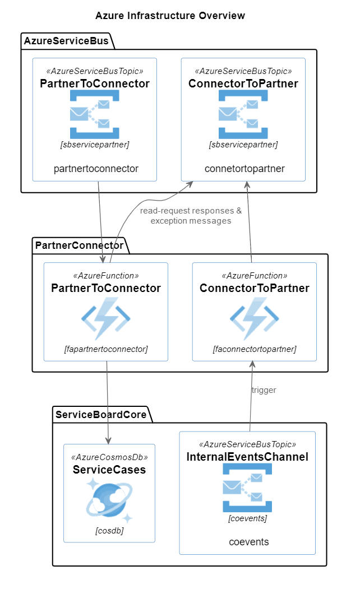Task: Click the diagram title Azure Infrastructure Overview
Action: click(x=170, y=15)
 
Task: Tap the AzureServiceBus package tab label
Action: click(x=66, y=41)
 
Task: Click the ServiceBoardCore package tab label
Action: click(x=101, y=415)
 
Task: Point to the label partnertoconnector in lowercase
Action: click(x=96, y=169)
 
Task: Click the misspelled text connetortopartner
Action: click(x=244, y=169)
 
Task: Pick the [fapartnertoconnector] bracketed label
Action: click(x=106, y=349)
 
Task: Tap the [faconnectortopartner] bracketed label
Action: click(x=255, y=349)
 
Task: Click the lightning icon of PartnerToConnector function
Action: click(x=106, y=318)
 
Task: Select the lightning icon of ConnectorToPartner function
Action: click(x=255, y=318)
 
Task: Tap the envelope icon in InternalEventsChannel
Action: click(x=247, y=488)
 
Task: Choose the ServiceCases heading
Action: click(x=109, y=470)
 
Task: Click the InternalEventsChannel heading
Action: click(x=247, y=457)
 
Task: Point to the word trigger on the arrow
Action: click(x=264, y=390)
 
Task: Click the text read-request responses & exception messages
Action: click(x=191, y=216)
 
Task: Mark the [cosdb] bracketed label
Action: click(x=109, y=531)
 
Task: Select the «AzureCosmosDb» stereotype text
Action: click(x=109, y=457)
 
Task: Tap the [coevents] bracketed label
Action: click(x=247, y=518)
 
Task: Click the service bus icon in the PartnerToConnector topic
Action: click(x=95, y=114)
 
